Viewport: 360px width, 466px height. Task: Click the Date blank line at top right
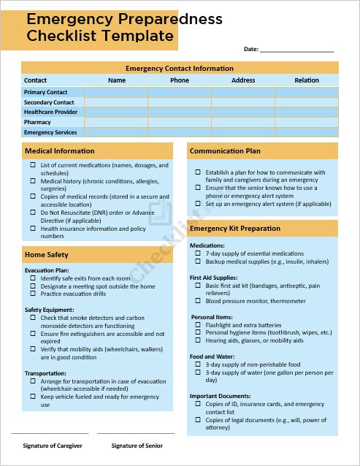296,50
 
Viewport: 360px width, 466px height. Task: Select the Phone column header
180,80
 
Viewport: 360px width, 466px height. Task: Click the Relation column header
307,80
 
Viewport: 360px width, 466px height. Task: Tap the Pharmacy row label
37,123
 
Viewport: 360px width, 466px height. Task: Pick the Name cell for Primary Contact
116,93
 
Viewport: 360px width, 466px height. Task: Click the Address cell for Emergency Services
243,133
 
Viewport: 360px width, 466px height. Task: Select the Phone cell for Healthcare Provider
180,112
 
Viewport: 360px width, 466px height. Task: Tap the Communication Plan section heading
225,151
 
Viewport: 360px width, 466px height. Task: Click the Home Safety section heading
47,255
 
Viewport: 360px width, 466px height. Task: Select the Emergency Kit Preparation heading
235,229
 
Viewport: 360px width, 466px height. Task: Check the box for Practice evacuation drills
33,294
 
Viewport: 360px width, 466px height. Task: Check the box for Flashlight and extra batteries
198,325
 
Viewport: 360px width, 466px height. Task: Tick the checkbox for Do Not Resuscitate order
33,213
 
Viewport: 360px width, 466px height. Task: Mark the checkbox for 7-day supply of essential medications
198,253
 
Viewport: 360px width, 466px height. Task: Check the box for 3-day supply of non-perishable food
198,364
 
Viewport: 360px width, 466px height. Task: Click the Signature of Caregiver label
52,446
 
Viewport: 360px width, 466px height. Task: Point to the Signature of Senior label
137,446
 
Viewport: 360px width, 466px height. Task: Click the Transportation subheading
46,373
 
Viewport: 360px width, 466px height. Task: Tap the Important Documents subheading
220,396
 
